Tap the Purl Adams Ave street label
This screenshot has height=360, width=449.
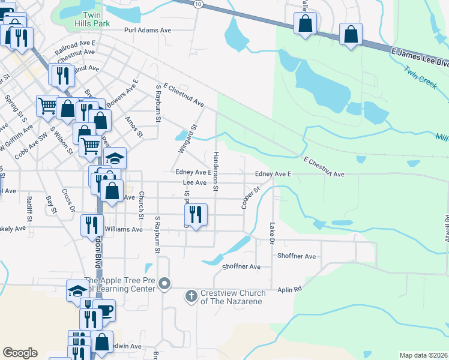click(x=148, y=29)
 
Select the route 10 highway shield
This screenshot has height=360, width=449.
click(x=198, y=4)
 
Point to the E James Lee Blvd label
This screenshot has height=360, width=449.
click(x=419, y=58)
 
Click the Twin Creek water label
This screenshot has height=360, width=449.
click(x=420, y=78)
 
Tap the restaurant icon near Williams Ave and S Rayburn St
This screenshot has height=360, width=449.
click(x=196, y=214)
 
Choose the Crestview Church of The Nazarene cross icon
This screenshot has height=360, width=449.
click(x=191, y=295)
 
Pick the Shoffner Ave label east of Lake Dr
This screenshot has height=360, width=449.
click(x=297, y=256)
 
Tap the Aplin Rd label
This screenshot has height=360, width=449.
click(x=289, y=289)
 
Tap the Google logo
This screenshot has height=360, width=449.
click(x=20, y=353)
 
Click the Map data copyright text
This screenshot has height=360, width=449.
click(x=424, y=355)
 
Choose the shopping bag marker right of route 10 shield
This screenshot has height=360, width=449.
click(x=305, y=25)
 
